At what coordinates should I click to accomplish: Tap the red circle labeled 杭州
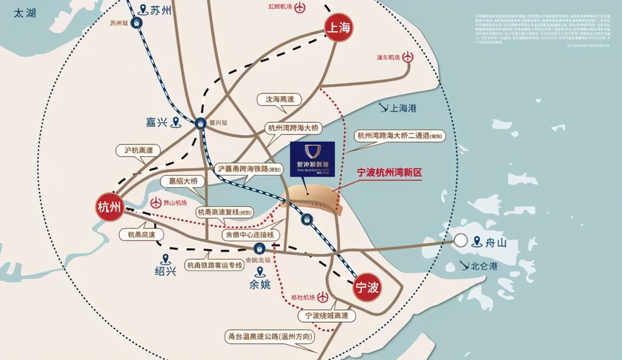[110, 207]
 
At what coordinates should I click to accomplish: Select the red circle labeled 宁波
[367, 287]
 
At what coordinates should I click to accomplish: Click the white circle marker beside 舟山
[461, 241]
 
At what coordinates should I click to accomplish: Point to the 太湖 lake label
[25, 13]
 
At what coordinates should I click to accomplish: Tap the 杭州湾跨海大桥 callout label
[294, 128]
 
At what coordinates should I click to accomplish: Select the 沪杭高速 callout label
[138, 150]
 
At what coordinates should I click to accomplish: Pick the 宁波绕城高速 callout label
[327, 316]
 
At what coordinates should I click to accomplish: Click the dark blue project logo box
[312, 159]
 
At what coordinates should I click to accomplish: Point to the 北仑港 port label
[484, 266]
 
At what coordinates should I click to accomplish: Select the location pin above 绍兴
[165, 259]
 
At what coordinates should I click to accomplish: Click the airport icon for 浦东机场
[408, 57]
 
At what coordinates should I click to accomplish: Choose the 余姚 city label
[259, 284]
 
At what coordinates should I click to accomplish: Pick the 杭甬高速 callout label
[138, 234]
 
